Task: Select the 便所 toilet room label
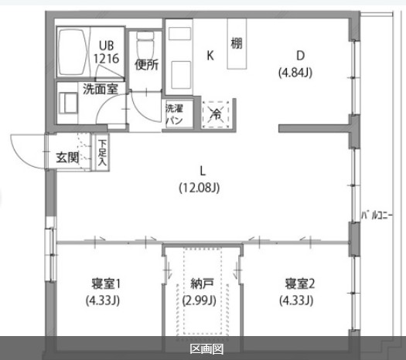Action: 146,64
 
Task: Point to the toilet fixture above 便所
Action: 145,42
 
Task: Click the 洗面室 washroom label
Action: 101,88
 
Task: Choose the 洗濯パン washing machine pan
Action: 173,114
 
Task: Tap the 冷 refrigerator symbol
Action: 215,114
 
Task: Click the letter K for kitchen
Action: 210,55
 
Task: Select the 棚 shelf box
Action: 237,42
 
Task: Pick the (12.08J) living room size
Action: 201,186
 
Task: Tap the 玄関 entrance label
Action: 67,157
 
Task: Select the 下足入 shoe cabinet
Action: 102,153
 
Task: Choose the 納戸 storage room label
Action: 201,283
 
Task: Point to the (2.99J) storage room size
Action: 200,301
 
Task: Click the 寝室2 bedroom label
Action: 299,283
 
